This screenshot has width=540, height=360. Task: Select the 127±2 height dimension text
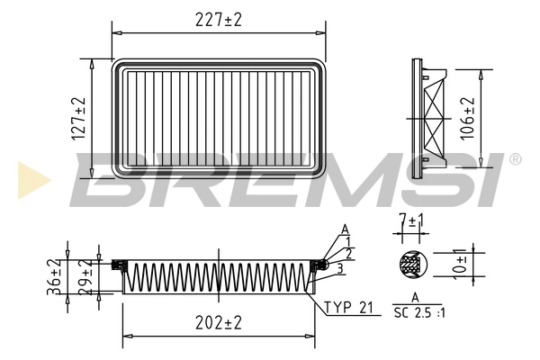point(79,117)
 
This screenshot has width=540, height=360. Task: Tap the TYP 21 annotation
point(349,308)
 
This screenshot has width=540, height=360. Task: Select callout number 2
point(348,255)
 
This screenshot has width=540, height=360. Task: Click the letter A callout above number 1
point(345,229)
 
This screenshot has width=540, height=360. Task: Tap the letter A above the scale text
point(415,296)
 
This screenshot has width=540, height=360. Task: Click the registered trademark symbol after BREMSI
point(515,159)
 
